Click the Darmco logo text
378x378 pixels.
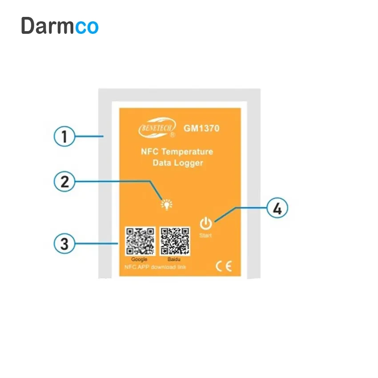coord(60,26)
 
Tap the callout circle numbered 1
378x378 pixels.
coord(65,137)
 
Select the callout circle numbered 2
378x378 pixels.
coord(65,182)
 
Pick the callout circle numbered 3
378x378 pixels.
coord(65,244)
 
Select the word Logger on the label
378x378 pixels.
coord(188,163)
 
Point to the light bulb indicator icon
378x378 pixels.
coord(167,204)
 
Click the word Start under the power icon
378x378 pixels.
coord(206,235)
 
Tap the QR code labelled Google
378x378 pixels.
coord(140,241)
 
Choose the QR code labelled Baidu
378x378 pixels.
coord(175,241)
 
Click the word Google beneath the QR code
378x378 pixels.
coord(139,259)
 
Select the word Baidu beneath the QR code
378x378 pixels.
coord(173,259)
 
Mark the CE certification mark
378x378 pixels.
coord(223,266)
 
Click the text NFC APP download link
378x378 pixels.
coord(154,267)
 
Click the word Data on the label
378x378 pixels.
coord(162,163)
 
